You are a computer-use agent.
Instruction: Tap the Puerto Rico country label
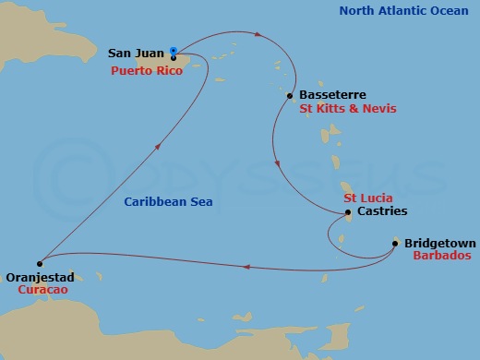(147, 69)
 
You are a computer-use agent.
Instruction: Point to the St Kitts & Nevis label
(348, 108)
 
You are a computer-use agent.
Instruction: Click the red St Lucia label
(368, 198)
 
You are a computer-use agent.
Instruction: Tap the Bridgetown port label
(439, 244)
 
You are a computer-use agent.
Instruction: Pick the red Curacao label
(42, 289)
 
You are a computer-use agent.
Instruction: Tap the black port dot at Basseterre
(291, 95)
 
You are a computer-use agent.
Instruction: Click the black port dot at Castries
(347, 213)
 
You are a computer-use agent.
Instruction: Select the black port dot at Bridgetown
(395, 244)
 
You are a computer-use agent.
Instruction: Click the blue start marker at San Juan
(174, 52)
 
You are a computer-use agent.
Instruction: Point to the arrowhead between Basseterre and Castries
(278, 165)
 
